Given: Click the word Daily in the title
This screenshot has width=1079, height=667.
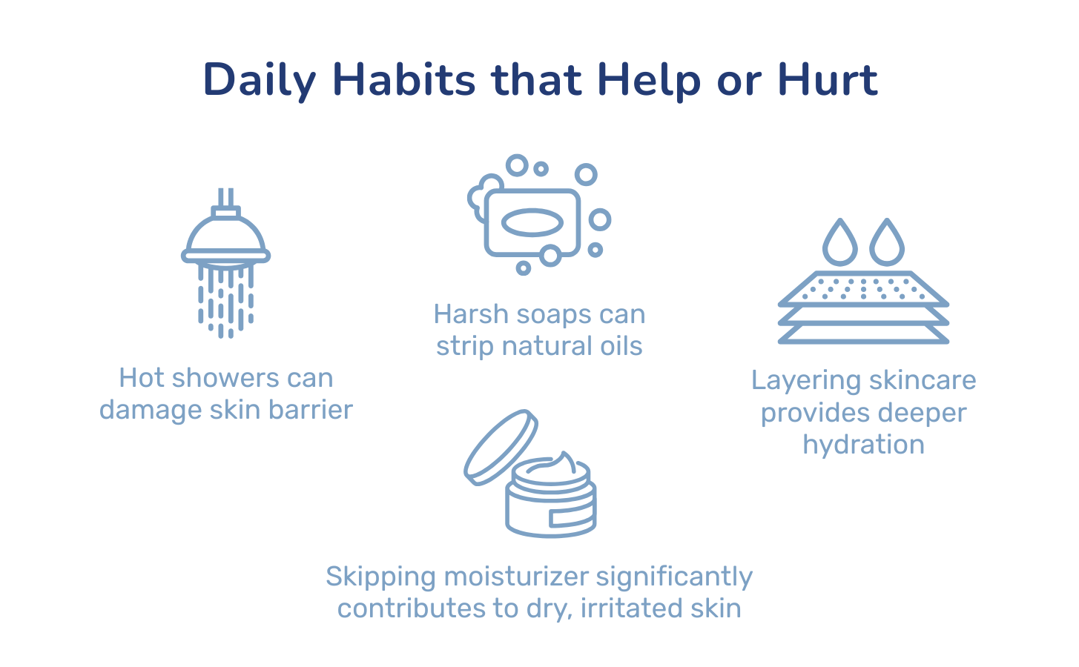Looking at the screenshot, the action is click(x=260, y=81).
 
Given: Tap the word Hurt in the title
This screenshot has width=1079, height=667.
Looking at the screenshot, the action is click(x=828, y=79).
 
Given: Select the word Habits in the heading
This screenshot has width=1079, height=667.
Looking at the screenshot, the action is click(x=403, y=79).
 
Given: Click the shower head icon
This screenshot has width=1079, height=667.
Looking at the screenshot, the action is click(x=225, y=263).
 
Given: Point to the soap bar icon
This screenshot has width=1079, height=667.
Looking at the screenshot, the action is click(x=532, y=223).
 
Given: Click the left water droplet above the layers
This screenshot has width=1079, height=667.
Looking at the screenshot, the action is click(x=839, y=242).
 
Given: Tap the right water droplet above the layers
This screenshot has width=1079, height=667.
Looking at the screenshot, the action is click(x=887, y=242).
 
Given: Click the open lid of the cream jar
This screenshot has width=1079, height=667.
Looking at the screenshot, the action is click(x=501, y=447).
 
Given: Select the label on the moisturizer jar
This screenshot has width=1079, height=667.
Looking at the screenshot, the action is click(x=572, y=517).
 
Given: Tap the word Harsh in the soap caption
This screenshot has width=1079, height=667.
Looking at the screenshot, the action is click(x=471, y=314).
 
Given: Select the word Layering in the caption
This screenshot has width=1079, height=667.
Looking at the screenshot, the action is click(x=806, y=382).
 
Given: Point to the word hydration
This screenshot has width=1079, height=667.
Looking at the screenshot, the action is click(x=863, y=445).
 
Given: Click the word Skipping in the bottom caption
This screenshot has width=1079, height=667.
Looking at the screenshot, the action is click(x=380, y=577).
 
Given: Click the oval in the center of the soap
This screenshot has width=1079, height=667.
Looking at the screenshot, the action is click(x=532, y=223).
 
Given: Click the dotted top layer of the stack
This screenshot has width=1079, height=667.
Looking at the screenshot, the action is click(x=863, y=289).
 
